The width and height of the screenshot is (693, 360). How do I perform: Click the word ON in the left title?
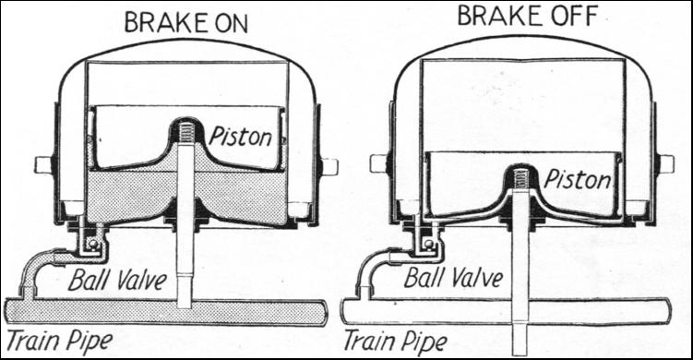[x=228, y=23]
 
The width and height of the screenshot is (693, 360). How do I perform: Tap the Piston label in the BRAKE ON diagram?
[x=241, y=137]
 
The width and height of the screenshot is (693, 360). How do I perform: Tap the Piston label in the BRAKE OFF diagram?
[x=578, y=179]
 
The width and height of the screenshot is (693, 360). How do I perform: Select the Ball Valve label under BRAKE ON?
[x=118, y=280]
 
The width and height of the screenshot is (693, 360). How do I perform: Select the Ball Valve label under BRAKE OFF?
[x=453, y=278]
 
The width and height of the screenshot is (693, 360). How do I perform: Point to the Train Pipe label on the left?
[x=59, y=342]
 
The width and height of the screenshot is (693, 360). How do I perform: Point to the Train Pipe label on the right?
[x=395, y=342]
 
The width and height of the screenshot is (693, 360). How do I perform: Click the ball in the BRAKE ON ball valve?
[x=92, y=244]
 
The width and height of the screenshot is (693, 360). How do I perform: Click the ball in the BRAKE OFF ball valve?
[x=427, y=243]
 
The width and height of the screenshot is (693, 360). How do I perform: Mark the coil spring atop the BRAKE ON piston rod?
[x=185, y=130]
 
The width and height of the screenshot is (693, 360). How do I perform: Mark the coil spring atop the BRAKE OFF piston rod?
[x=520, y=177]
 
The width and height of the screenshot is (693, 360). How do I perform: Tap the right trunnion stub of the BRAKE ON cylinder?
[x=329, y=166]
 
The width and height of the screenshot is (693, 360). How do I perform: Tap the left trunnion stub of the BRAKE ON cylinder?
[x=43, y=165]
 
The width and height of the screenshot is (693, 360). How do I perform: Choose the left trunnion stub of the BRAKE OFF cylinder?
[x=379, y=163]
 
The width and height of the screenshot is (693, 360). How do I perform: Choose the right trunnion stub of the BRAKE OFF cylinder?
[x=665, y=163]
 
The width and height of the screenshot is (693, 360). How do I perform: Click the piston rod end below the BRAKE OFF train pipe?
[x=520, y=341]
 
